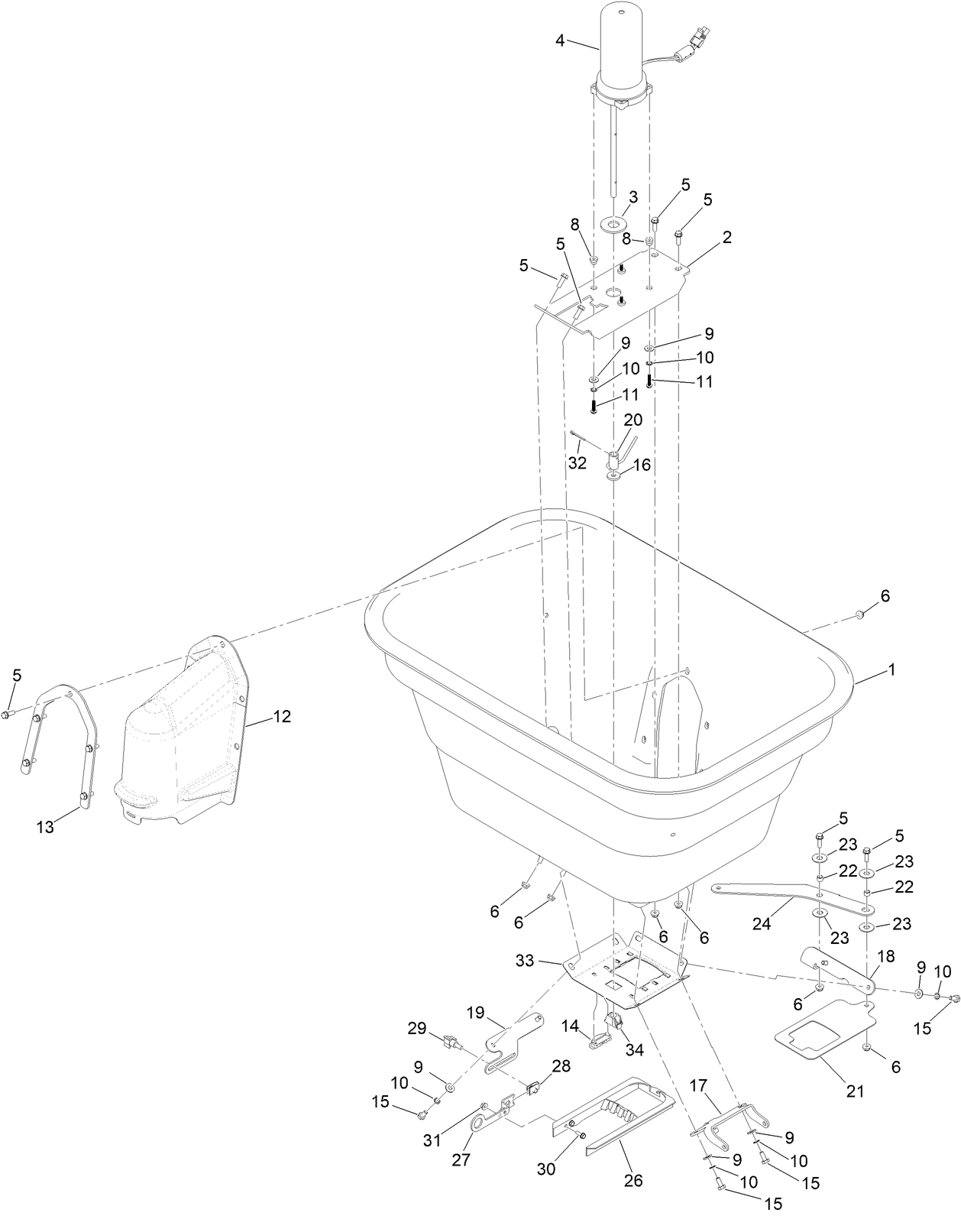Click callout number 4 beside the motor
pyautogui.click(x=560, y=41)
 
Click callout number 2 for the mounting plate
pyautogui.click(x=726, y=238)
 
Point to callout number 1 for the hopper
pyautogui.click(x=891, y=670)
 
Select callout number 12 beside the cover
pyautogui.click(x=282, y=717)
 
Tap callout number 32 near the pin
pyautogui.click(x=577, y=462)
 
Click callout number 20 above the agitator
pyautogui.click(x=633, y=420)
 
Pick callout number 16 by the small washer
pyautogui.click(x=642, y=465)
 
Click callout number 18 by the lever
pyautogui.click(x=885, y=957)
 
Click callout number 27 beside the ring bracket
pyautogui.click(x=462, y=1159)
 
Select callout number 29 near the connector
pyautogui.click(x=416, y=1029)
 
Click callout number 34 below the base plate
pyautogui.click(x=634, y=1049)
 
